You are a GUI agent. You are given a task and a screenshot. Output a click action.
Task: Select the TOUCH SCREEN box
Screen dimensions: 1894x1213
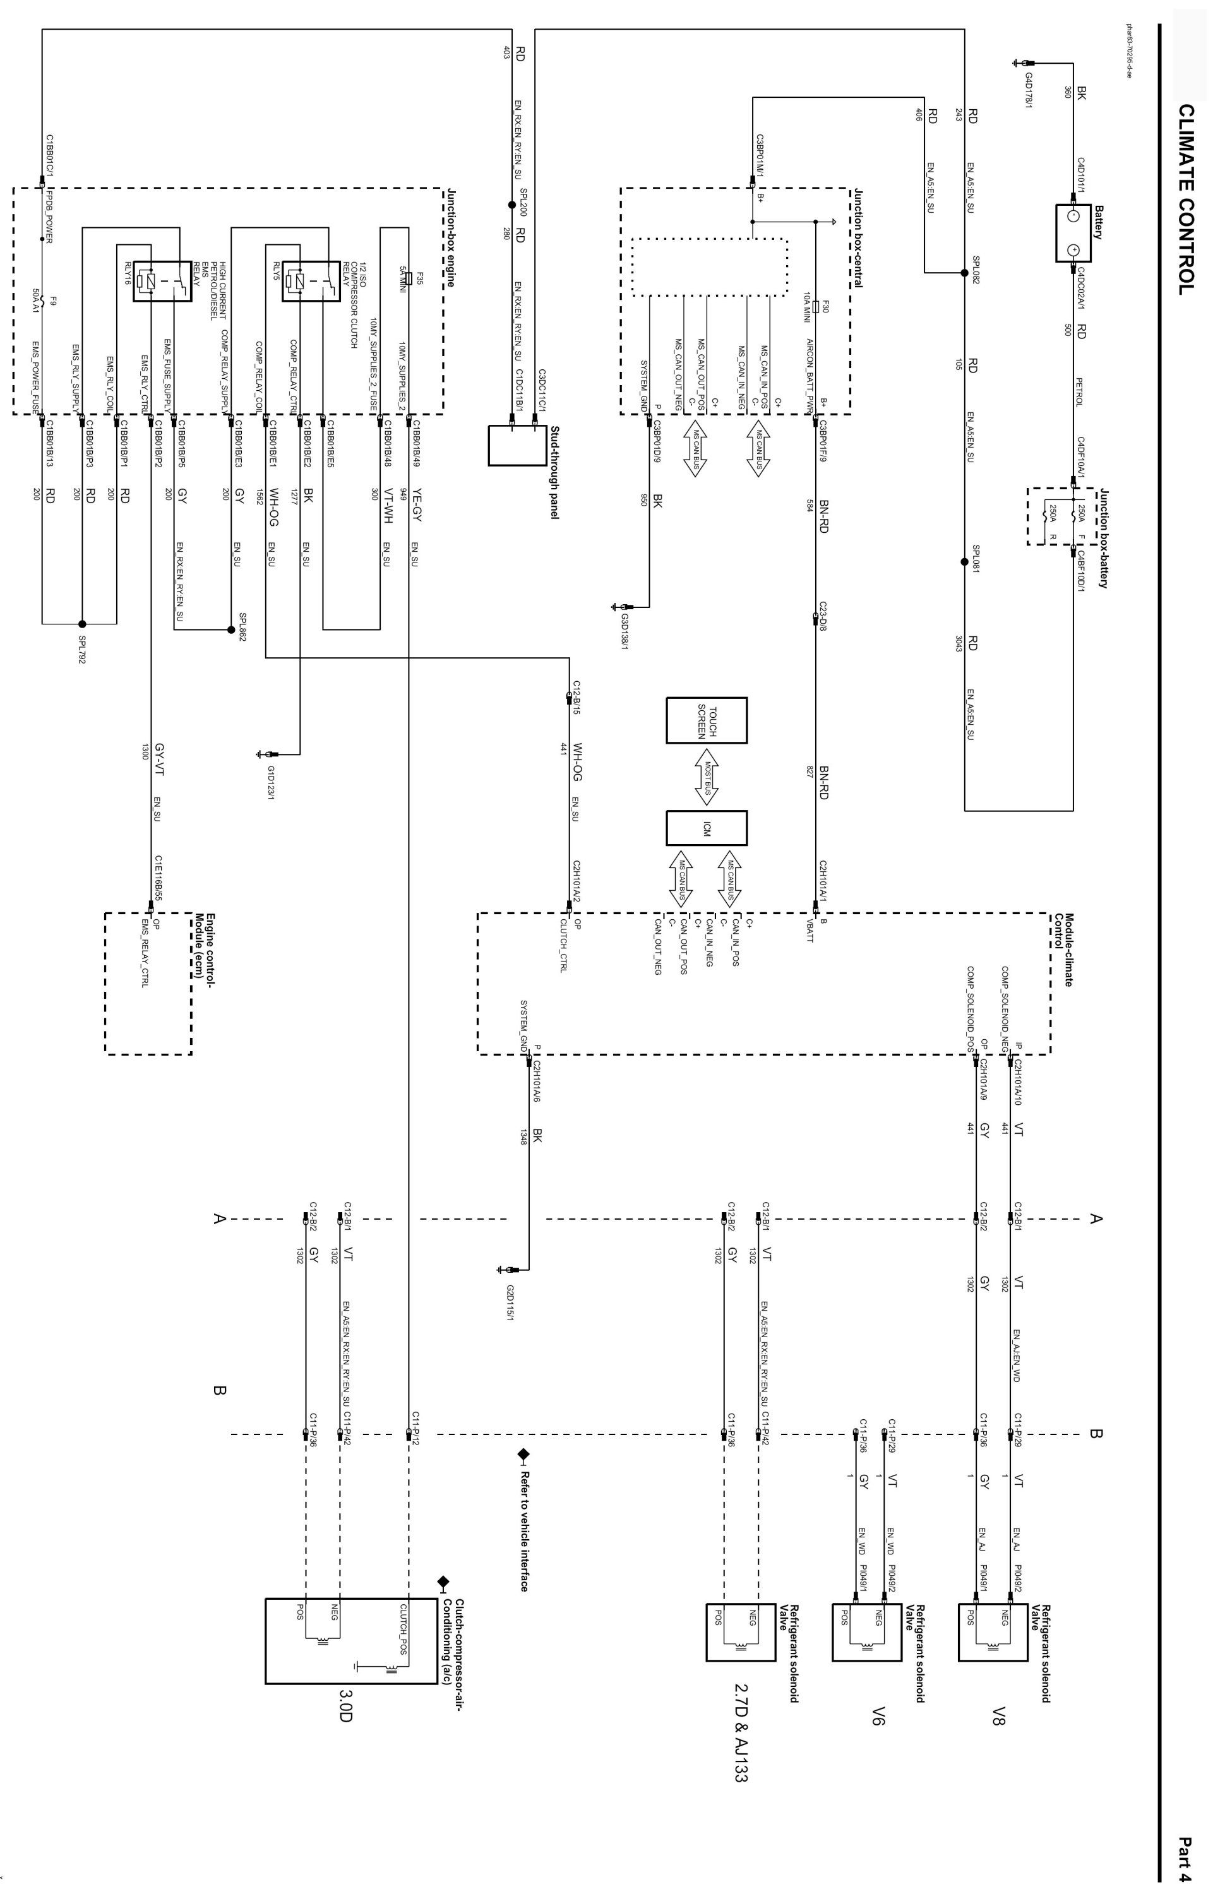(706, 720)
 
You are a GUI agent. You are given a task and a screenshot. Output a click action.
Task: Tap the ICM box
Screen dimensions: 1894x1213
(706, 828)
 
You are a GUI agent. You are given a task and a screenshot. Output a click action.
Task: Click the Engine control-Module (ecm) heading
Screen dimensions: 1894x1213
(204, 945)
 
